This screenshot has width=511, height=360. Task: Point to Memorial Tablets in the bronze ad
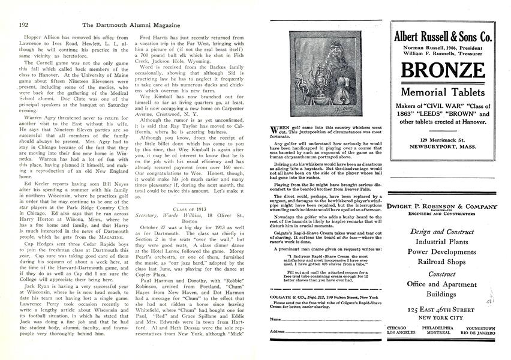pos(443,92)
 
